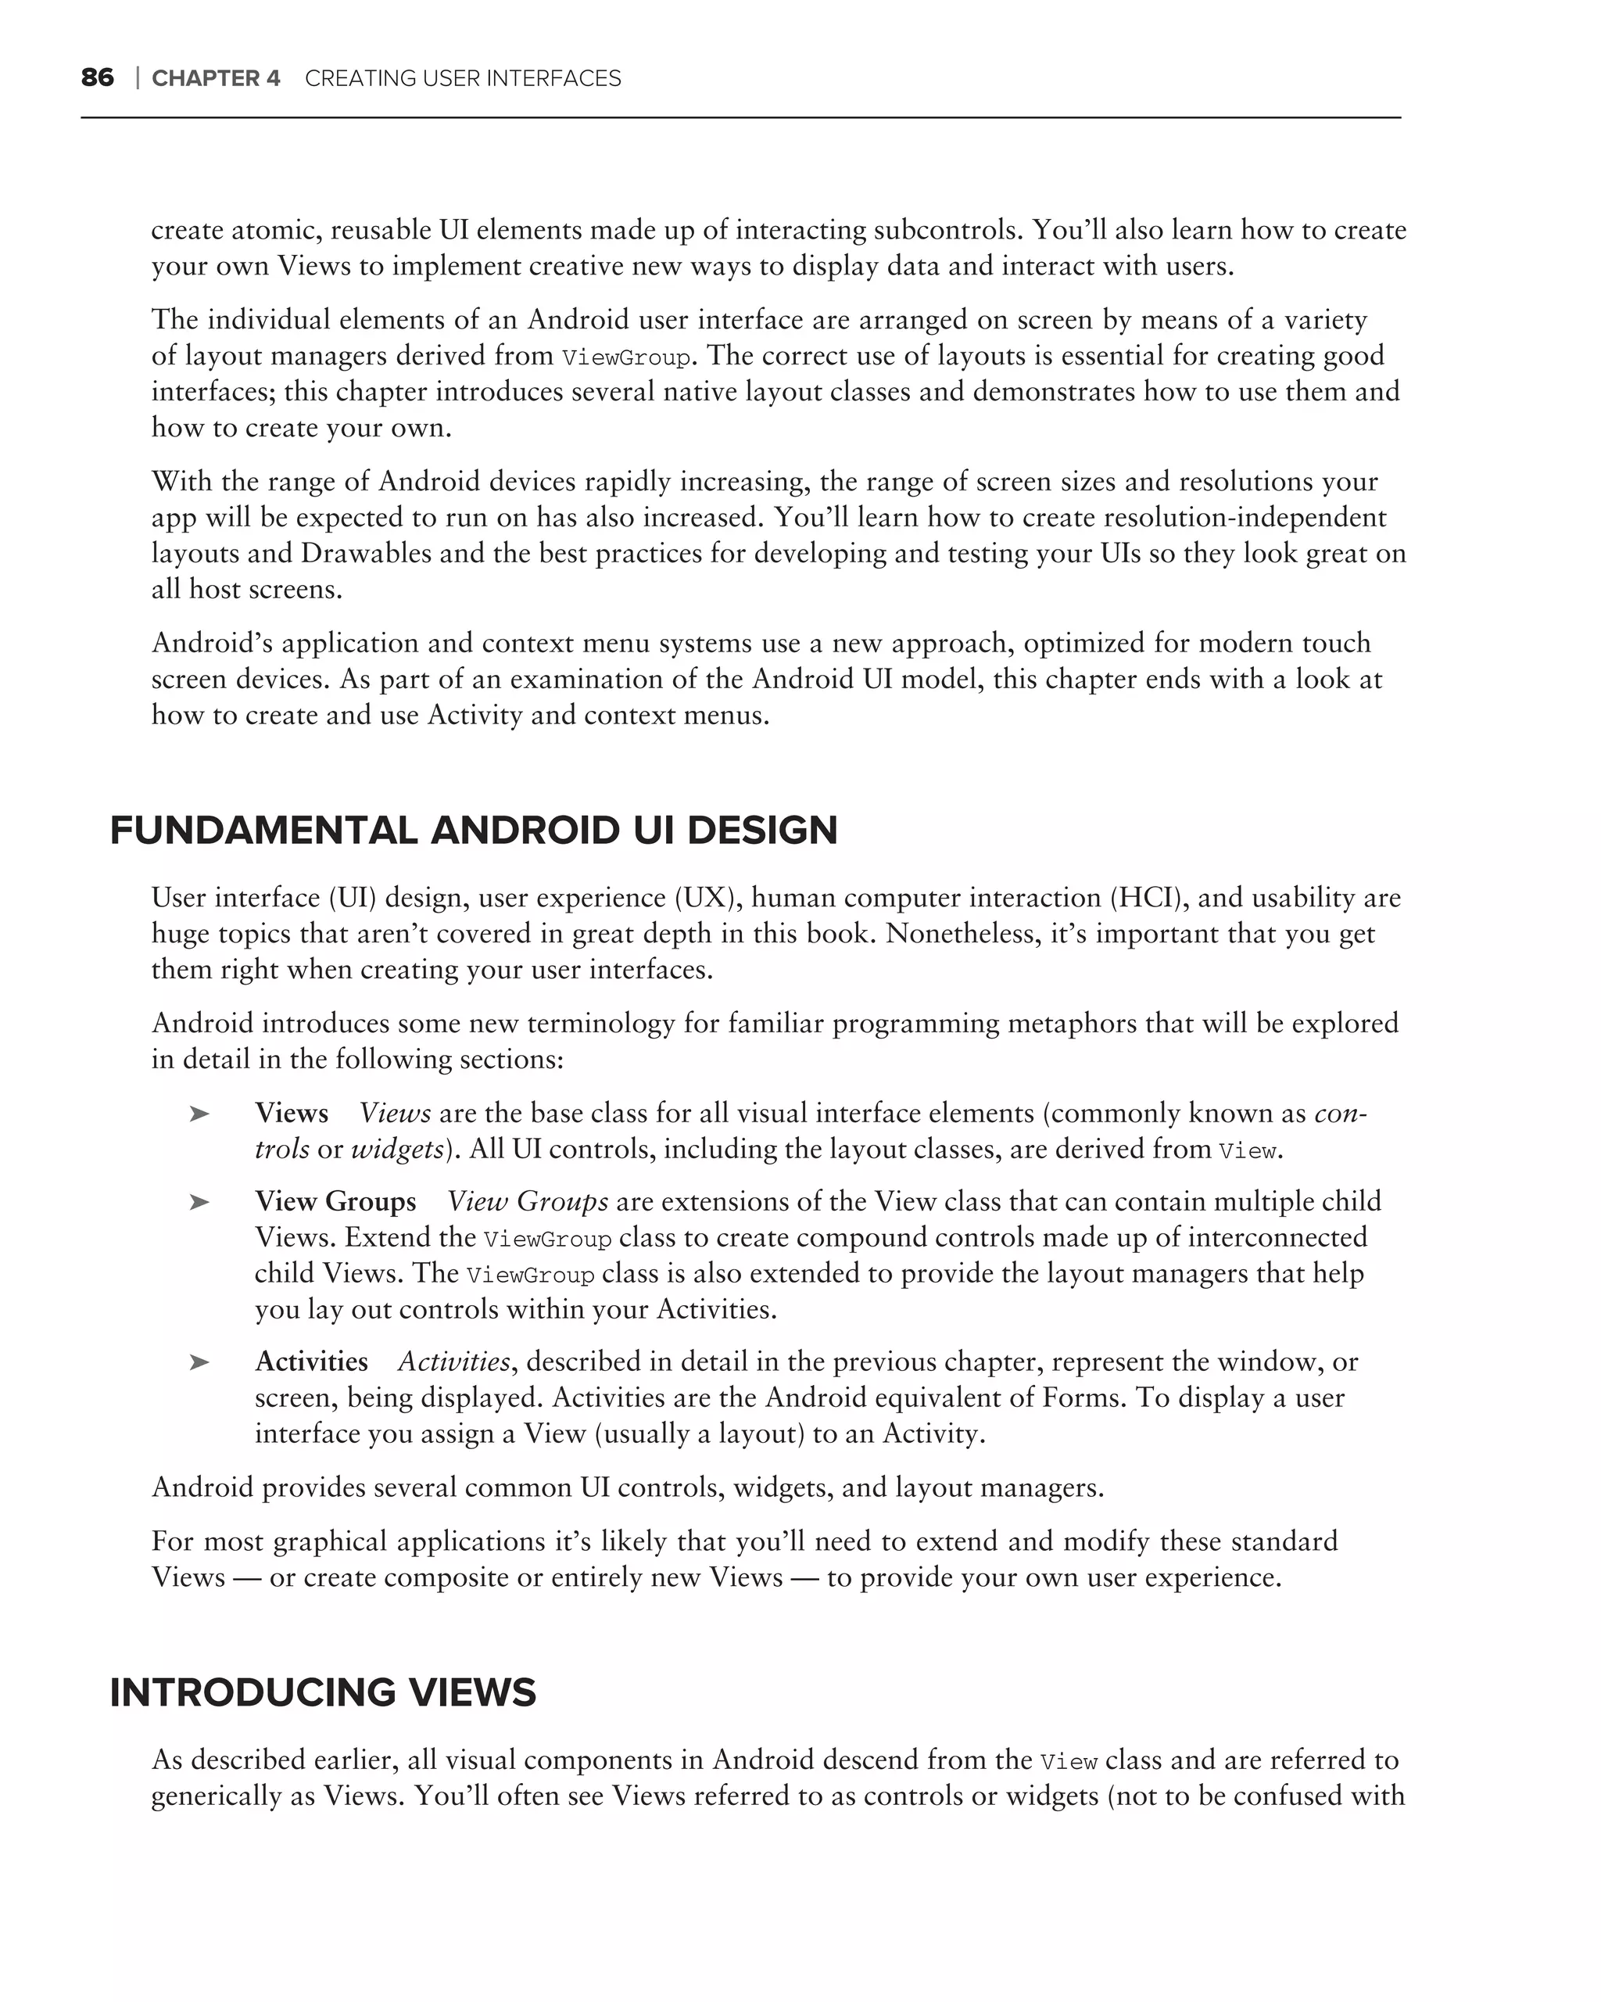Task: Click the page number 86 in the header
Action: pyautogui.click(x=98, y=78)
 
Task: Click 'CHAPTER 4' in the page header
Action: pyautogui.click(x=215, y=79)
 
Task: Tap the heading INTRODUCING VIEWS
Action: pyautogui.click(x=322, y=1693)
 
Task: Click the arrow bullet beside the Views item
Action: pyautogui.click(x=199, y=1114)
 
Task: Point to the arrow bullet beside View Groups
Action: pyautogui.click(x=199, y=1201)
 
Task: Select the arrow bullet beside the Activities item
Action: pyautogui.click(x=199, y=1362)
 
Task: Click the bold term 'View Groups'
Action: pyautogui.click(x=335, y=1201)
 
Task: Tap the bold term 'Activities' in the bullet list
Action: pyautogui.click(x=311, y=1362)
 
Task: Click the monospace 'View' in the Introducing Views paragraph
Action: pyautogui.click(x=1069, y=1761)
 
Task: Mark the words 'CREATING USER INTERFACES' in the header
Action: pyautogui.click(x=462, y=79)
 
